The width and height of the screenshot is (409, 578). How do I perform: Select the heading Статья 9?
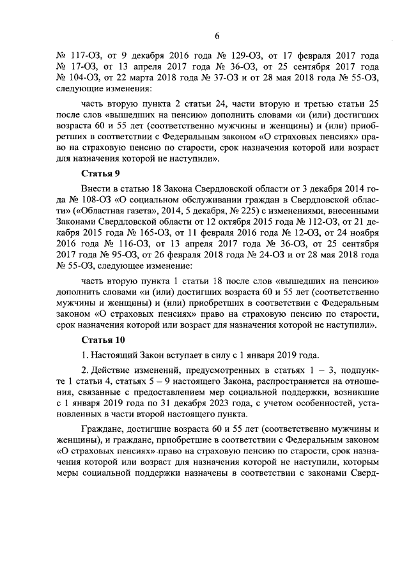101,174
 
